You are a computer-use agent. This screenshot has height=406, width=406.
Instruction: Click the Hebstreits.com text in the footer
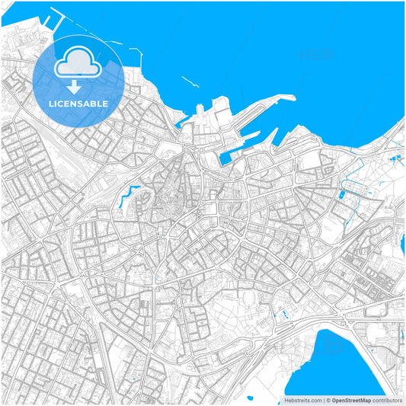(x=302, y=400)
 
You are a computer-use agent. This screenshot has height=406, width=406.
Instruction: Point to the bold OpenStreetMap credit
(x=351, y=400)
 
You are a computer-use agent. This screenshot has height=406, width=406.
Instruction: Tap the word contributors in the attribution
(x=387, y=400)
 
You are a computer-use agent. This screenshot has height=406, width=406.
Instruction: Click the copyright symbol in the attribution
(x=328, y=400)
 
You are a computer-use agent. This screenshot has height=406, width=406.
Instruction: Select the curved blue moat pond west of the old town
(x=126, y=197)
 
